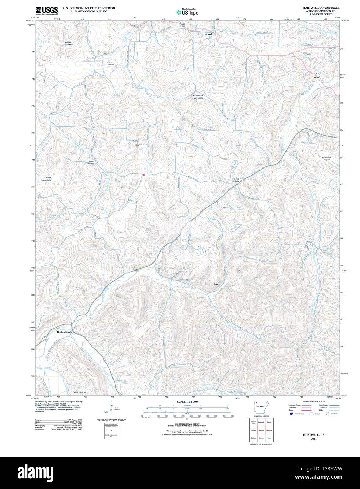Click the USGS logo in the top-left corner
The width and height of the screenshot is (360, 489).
pos(46,11)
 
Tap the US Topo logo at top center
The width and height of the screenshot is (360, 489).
pos(187,12)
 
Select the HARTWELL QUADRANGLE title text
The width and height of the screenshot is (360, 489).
pos(321,8)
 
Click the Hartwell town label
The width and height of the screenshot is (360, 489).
pos(208,34)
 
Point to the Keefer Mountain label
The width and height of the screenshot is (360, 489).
pos(68,43)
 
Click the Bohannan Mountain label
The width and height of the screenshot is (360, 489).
pos(198,97)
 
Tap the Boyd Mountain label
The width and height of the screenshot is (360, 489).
pos(47,179)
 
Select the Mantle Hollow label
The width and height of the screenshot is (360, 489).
pos(236,180)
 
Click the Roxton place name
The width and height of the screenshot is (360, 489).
pos(218,284)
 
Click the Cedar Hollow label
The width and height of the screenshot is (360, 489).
pos(79,392)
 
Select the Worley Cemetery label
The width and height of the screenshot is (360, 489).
pos(91,163)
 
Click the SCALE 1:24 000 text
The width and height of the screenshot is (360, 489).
pos(187,402)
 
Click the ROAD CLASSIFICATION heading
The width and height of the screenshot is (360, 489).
pos(314,401)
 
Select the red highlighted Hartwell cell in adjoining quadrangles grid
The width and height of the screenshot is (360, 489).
pos(261,430)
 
